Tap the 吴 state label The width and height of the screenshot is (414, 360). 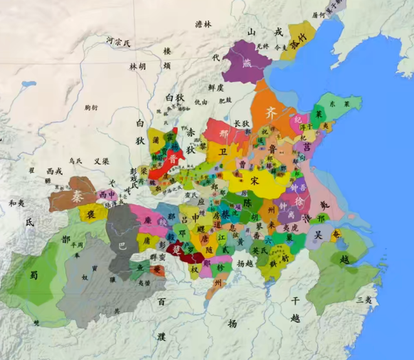(x=318, y=236)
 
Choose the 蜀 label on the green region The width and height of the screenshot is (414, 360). (x=34, y=275)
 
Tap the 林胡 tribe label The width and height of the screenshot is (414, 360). (x=136, y=67)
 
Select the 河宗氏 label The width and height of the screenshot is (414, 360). (x=118, y=43)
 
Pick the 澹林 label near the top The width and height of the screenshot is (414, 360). (x=203, y=24)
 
